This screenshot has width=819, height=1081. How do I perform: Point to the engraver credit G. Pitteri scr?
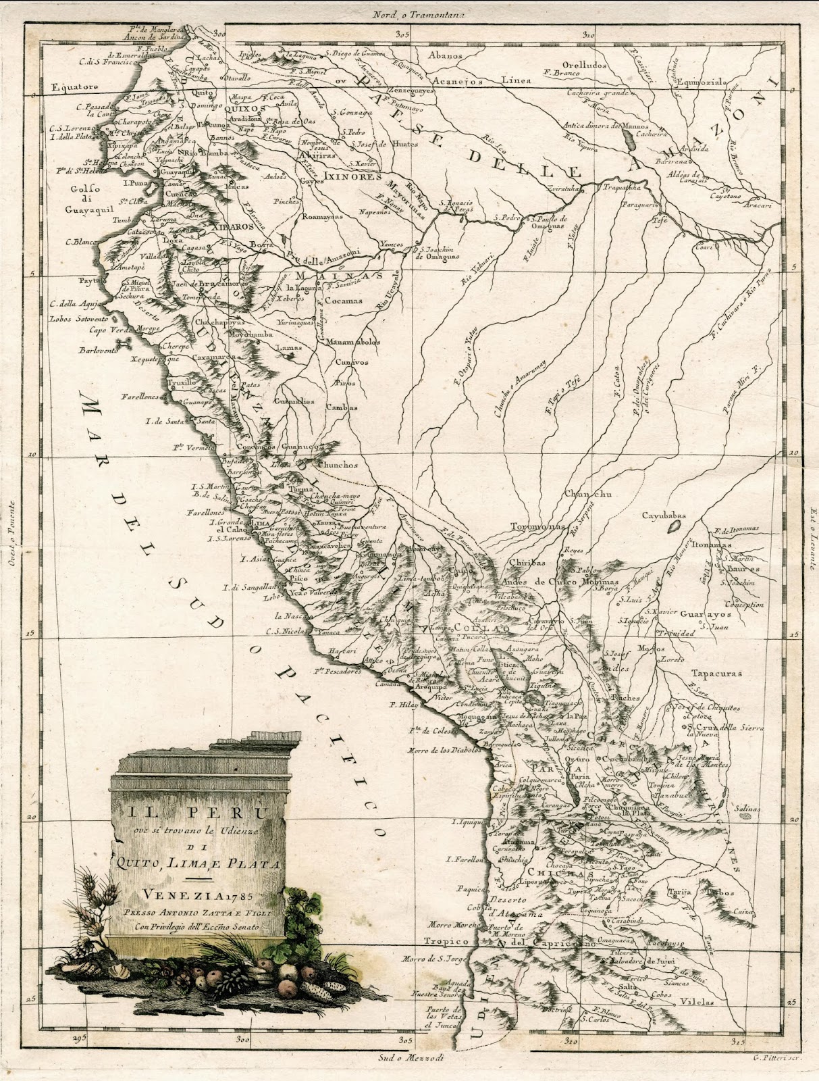777,1065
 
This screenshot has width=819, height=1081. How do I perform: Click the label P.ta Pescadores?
336,673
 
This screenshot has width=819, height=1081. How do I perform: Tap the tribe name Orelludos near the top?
585,66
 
